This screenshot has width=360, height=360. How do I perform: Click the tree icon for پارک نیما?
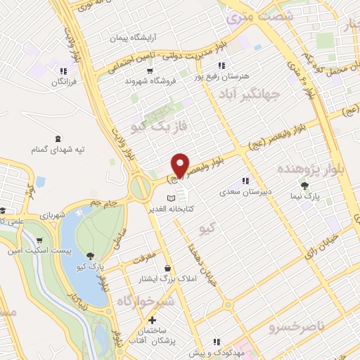[304, 186]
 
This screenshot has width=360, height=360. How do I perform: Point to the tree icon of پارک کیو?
[89, 256]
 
